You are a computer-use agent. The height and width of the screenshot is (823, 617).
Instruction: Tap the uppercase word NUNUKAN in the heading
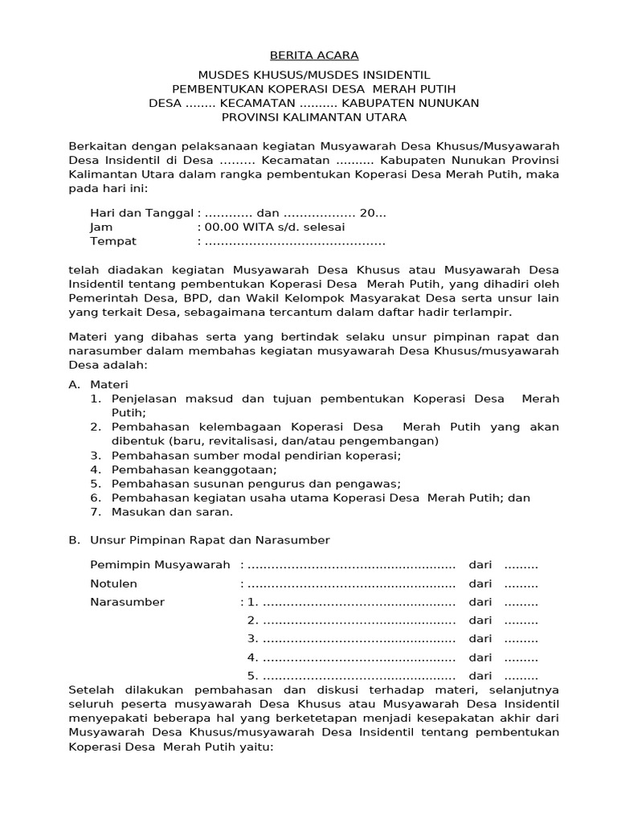point(449,103)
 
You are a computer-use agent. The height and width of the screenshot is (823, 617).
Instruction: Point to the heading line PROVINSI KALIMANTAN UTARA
point(314,117)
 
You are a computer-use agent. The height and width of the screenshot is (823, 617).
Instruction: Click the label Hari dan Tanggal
point(141,213)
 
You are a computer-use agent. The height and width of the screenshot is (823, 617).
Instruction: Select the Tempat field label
point(113,241)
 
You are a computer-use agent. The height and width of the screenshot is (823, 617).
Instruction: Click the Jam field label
point(101,227)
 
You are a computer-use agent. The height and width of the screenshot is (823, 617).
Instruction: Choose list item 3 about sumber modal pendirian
point(256,455)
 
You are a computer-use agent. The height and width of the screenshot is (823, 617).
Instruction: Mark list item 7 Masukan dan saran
point(172,511)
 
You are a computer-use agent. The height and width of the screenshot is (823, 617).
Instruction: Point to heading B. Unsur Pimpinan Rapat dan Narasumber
point(199,539)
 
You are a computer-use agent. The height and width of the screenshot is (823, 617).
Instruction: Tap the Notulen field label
point(113,583)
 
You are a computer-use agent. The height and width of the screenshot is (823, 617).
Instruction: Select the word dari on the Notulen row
point(480,583)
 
